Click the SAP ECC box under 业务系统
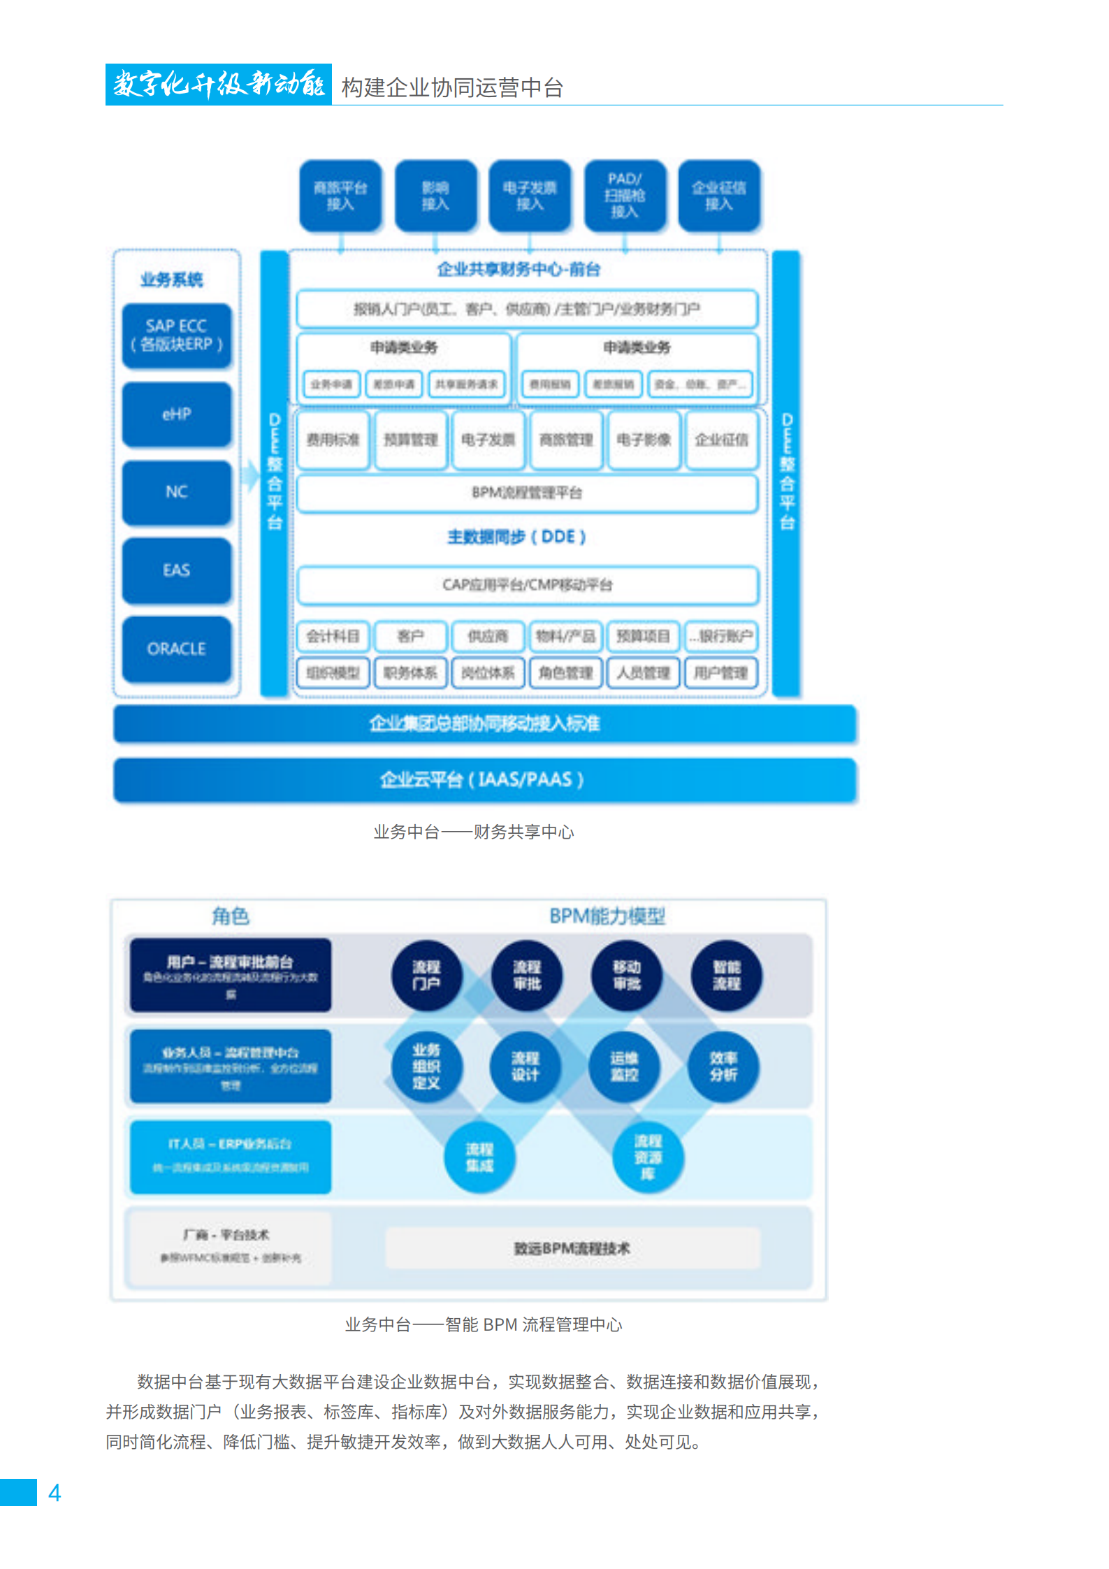coord(176,335)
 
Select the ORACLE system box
coord(176,649)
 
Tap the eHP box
coord(176,414)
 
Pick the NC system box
coord(176,492)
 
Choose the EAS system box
coord(176,570)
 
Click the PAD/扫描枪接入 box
coord(625,195)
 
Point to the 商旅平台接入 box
coord(340,195)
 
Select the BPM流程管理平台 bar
coord(527,493)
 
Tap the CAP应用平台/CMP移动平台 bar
coord(527,584)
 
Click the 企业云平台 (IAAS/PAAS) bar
coord(484,779)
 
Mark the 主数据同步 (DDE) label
coord(516,537)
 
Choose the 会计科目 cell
coord(333,636)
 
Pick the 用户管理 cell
coord(720,673)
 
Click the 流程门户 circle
coord(426,975)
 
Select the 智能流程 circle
coord(726,975)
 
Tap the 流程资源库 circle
coord(648,1157)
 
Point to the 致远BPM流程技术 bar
coord(572,1248)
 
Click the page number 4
coord(55,1493)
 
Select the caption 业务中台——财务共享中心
coord(474,832)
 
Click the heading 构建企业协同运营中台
coord(452,88)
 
